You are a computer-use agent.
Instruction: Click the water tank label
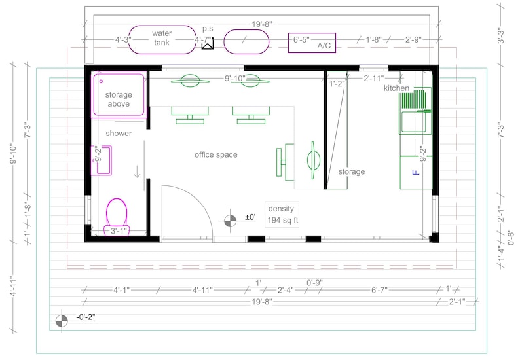[x=162, y=38]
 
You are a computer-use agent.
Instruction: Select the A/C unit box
[x=312, y=43]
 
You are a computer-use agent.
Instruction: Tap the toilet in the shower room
[x=117, y=217]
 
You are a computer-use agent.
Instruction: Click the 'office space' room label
[x=216, y=155]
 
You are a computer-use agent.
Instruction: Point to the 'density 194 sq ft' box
[x=282, y=215]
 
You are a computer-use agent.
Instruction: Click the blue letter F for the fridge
[x=415, y=172]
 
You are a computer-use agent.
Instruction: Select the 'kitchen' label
[x=396, y=88]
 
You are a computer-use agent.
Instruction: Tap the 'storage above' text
[x=119, y=99]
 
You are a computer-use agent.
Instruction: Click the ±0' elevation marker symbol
[x=230, y=221]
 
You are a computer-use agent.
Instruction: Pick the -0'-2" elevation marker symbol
[x=62, y=321]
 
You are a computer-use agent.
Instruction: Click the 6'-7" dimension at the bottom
[x=379, y=290]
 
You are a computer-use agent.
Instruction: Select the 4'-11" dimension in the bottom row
[x=202, y=290]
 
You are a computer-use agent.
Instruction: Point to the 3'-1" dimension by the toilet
[x=119, y=230]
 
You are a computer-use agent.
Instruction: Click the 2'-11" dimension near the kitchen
[x=374, y=79]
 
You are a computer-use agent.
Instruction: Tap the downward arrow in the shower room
[x=137, y=171]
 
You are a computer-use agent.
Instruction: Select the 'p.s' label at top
[x=208, y=29]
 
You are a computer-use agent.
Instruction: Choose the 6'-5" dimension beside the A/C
[x=301, y=39]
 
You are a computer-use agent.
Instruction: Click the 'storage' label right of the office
[x=352, y=171]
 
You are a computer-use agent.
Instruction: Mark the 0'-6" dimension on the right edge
[x=511, y=238]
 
